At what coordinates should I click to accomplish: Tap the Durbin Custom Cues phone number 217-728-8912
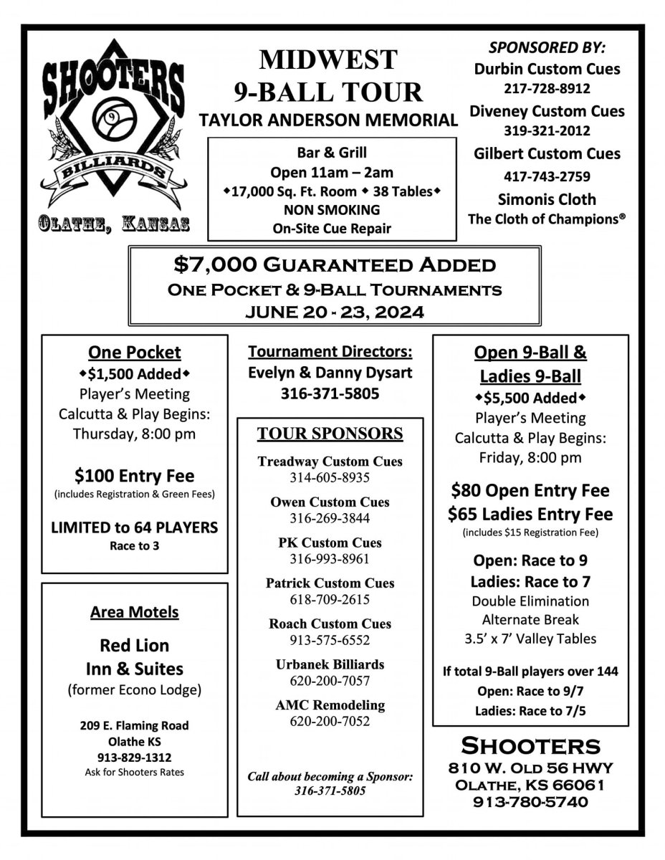547,90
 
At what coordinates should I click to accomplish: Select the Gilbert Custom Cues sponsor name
547,153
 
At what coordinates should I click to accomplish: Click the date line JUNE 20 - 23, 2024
334,312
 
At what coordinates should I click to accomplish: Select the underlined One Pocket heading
135,352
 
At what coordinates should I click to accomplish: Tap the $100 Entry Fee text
135,475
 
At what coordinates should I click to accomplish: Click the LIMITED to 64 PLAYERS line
135,527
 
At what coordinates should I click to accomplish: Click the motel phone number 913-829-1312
135,757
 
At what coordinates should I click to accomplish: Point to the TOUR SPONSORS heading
330,434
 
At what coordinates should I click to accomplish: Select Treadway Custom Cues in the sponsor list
330,462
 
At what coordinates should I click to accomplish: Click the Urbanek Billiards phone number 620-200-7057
330,680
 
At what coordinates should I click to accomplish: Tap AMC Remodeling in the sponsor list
330,705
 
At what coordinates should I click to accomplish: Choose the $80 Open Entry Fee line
530,490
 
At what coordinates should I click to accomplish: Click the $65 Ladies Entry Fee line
530,514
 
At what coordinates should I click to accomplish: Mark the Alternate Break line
530,619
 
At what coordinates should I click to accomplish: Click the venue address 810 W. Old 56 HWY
530,768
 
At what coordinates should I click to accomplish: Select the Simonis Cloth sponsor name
547,199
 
